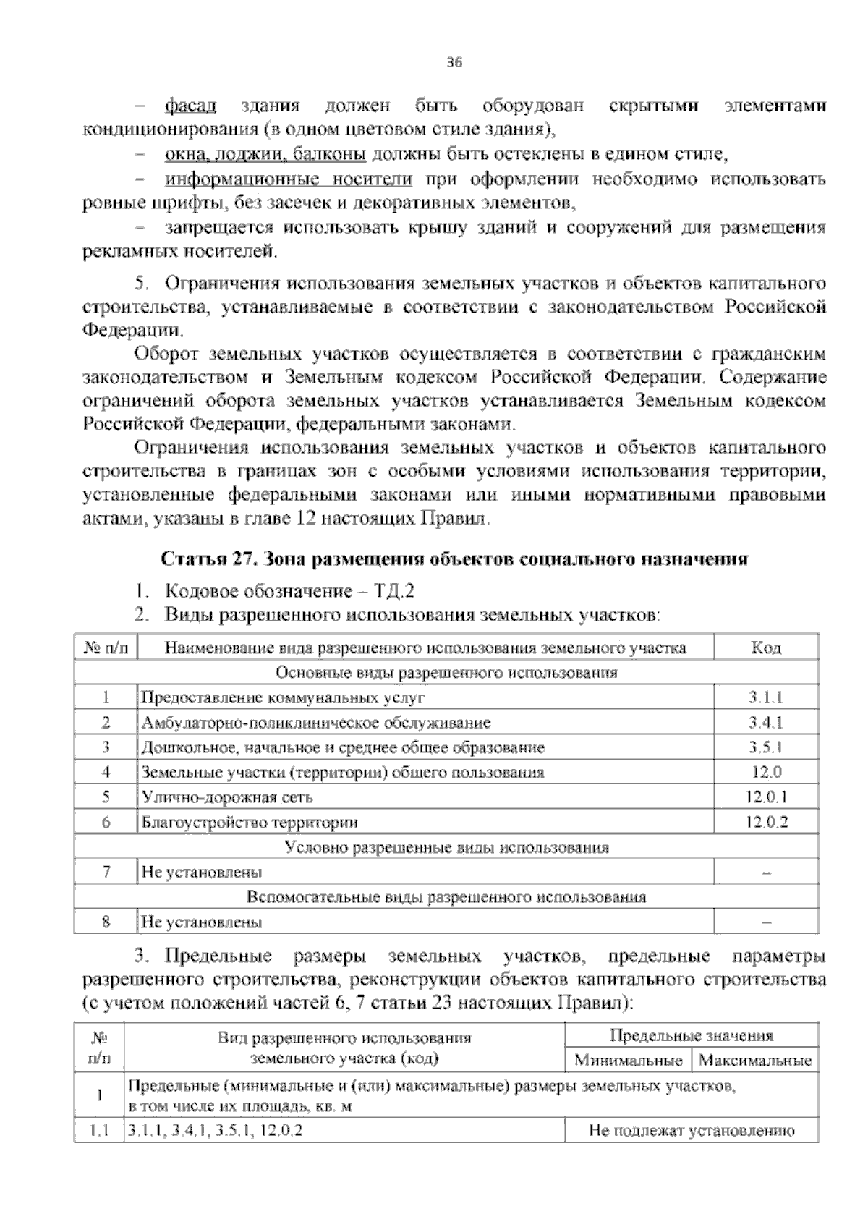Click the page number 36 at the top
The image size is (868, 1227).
click(454, 62)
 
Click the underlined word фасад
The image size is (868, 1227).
click(191, 106)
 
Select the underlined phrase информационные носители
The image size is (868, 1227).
click(289, 179)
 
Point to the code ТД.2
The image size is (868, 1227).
click(394, 591)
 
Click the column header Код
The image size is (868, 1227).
click(766, 648)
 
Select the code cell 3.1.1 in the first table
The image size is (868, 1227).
click(766, 697)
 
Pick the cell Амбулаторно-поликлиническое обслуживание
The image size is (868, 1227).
click(316, 723)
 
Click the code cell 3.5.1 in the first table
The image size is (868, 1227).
click(766, 747)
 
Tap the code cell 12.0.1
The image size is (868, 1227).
click(766, 797)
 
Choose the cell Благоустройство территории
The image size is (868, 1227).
click(250, 823)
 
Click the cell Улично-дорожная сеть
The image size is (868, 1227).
click(227, 797)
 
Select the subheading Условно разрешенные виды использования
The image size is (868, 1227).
click(447, 847)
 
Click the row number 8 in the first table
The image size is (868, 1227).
click(106, 922)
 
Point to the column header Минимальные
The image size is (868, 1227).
click(628, 1061)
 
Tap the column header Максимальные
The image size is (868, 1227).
click(755, 1061)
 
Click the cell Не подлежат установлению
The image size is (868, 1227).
click(692, 1130)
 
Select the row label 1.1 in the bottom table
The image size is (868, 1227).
click(98, 1130)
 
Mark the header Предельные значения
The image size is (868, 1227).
click(692, 1035)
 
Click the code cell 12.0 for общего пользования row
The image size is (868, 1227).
click(766, 772)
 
